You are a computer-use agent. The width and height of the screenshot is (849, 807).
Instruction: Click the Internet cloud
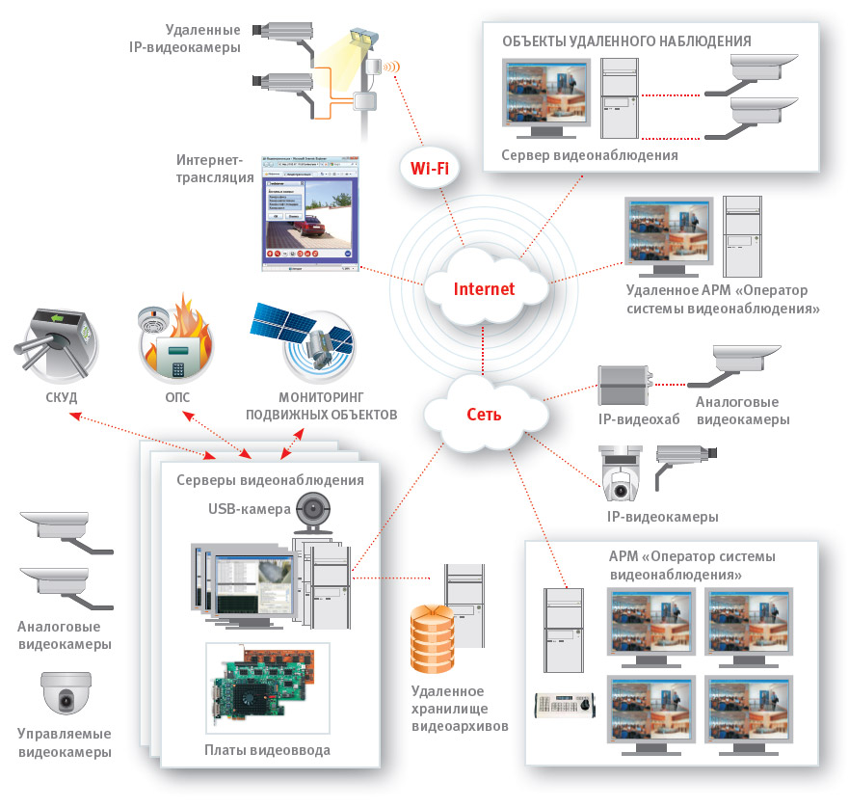point(484,288)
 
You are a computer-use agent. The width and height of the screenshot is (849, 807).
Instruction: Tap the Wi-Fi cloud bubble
point(429,169)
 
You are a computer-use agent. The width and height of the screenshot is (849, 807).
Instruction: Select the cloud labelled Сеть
point(484,413)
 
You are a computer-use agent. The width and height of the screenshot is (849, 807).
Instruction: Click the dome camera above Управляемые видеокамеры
point(66,691)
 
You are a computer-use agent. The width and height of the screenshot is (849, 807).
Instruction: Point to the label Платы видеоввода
point(268,749)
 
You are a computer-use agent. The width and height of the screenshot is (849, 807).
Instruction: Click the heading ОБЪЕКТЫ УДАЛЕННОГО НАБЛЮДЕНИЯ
point(626,41)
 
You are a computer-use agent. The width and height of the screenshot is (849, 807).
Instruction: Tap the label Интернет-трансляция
point(210,169)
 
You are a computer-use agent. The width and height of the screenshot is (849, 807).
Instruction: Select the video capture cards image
point(268,687)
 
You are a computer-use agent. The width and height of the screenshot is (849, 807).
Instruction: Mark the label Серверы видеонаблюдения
point(270,480)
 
